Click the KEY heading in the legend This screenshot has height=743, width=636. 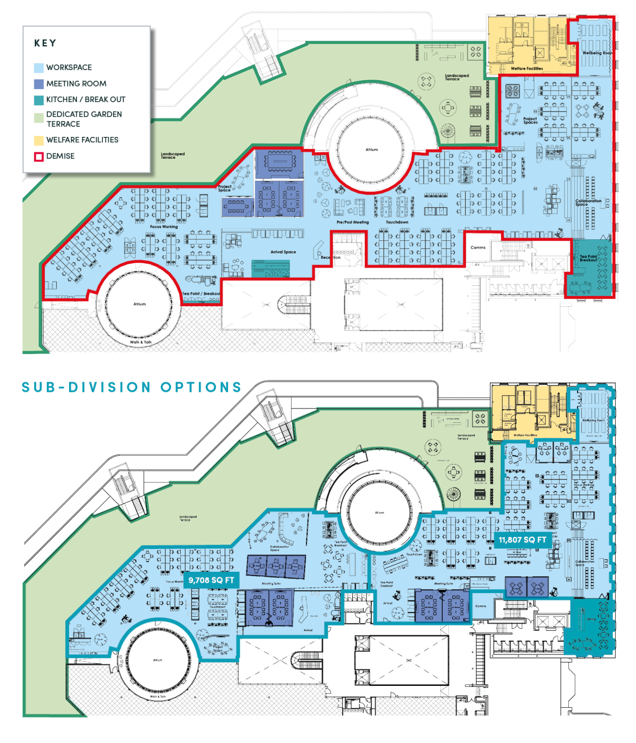45,43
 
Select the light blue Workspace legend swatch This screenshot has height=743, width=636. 39,68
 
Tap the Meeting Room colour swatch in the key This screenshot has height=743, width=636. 39,84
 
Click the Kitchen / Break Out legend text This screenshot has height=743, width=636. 86,100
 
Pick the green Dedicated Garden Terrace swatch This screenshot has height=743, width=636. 39,118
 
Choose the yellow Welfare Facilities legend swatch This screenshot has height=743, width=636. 39,140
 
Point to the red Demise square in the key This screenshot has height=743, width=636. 39,157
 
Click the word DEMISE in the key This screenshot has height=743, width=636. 60,156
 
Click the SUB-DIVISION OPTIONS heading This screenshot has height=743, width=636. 131,387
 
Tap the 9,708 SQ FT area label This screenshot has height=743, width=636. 211,580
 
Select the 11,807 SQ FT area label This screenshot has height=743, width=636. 522,540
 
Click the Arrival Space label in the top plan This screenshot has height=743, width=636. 283,252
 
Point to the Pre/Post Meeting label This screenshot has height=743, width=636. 353,222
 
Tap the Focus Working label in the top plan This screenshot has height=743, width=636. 164,226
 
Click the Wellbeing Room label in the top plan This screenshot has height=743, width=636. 597,53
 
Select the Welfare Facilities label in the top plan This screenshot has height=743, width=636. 527,69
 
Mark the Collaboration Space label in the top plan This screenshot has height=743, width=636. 588,202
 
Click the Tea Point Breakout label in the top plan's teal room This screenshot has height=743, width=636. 588,258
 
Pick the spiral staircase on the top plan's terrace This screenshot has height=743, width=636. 448,130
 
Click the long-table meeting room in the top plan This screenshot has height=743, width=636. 278,163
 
